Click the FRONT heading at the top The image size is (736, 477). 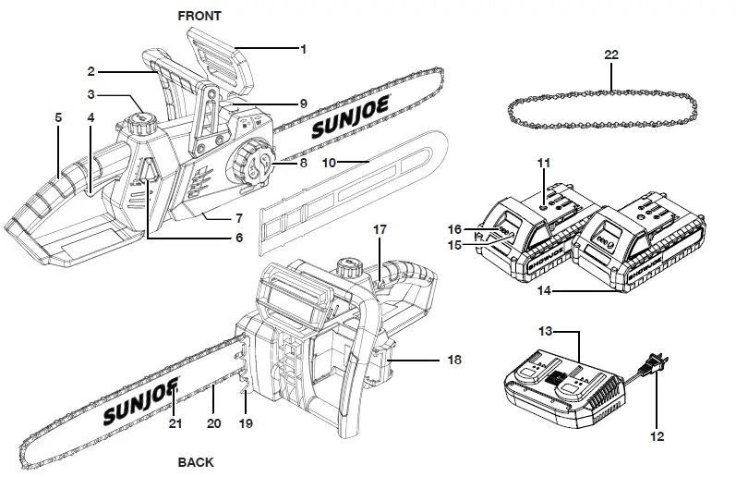click(199, 16)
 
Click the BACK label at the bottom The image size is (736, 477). click(196, 461)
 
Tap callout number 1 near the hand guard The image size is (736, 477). click(303, 49)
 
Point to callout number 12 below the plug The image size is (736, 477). click(657, 435)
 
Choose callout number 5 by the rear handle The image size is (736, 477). click(58, 118)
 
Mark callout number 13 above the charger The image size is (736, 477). click(545, 329)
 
